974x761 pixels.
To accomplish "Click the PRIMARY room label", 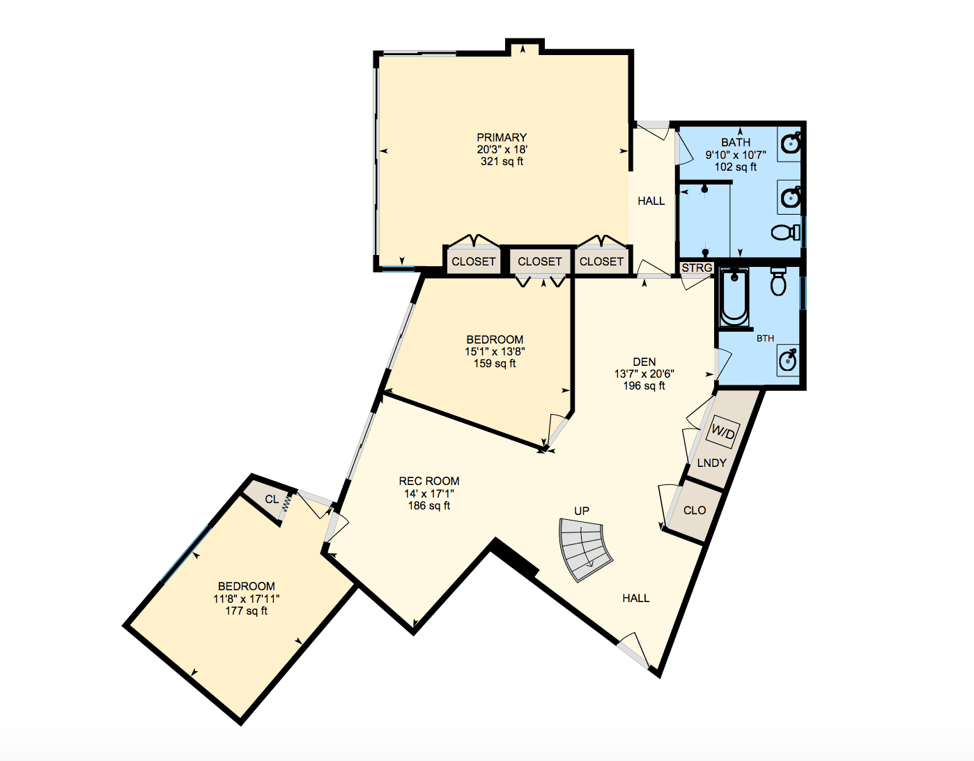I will point(502,137).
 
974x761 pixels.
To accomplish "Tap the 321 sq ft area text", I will point(502,162).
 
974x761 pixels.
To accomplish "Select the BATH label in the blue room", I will point(736,142).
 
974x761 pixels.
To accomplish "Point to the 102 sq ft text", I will point(736,167).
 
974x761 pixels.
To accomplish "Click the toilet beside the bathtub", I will point(778,282).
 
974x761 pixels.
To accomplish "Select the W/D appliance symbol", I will point(722,433).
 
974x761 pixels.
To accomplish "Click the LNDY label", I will point(711,463).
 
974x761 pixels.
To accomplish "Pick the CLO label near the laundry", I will point(695,510).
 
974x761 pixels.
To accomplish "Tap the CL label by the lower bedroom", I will point(272,499).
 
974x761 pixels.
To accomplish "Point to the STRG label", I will point(697,268).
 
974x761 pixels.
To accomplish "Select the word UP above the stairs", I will point(582,511).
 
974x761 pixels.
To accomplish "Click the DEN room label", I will point(644,362).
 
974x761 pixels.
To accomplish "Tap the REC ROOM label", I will point(429,481).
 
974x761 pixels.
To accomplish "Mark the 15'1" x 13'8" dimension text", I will point(495,352).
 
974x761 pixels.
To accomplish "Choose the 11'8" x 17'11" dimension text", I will point(247,599).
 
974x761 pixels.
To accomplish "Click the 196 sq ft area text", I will point(644,386).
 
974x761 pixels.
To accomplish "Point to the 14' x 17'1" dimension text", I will point(429,493).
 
